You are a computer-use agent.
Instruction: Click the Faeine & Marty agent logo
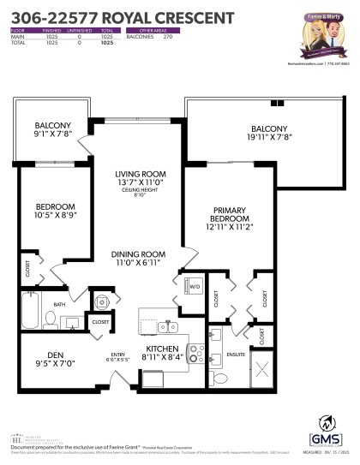(321, 31)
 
